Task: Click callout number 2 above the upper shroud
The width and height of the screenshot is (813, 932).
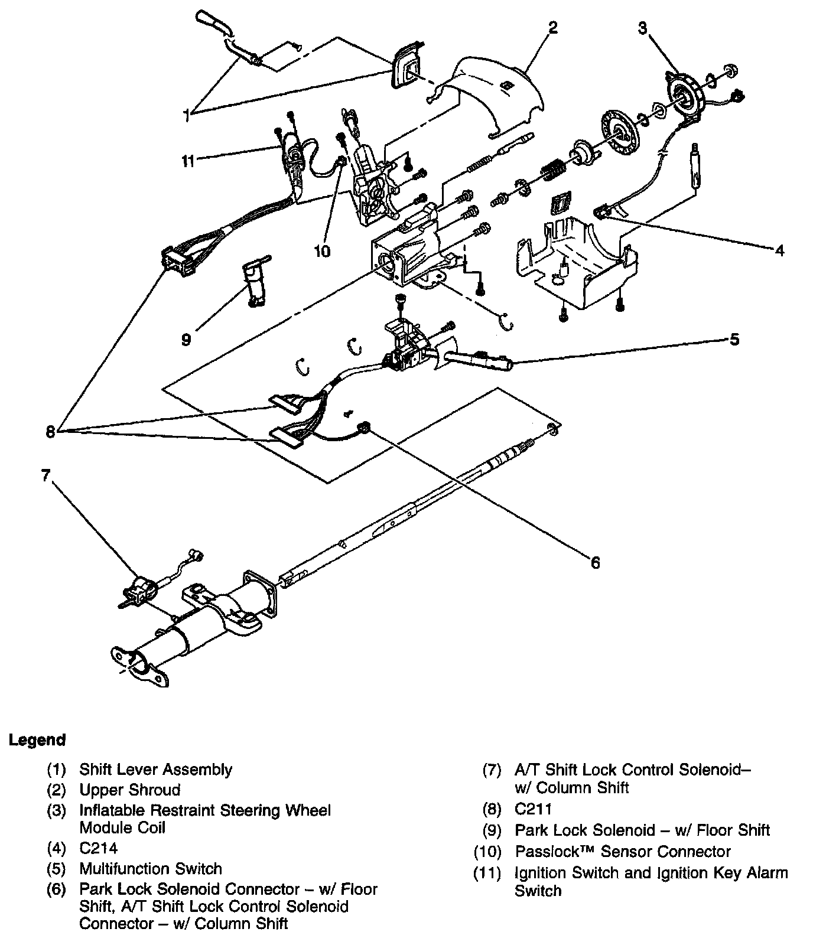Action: click(552, 28)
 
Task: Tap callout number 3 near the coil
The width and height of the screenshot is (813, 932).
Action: click(642, 28)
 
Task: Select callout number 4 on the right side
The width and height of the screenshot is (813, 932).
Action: click(779, 250)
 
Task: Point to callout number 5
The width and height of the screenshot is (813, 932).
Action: click(734, 340)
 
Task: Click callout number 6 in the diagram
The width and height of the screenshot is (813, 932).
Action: click(595, 563)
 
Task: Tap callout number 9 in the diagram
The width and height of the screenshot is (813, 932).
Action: click(186, 340)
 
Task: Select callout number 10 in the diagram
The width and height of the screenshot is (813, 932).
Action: click(322, 252)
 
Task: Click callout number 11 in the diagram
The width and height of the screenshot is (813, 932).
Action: click(188, 161)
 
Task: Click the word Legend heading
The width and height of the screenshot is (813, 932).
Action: click(37, 739)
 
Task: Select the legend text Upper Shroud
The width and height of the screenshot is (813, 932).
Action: click(129, 790)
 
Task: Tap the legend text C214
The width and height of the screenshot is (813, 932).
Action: click(98, 849)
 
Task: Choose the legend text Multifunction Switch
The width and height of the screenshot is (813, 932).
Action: click(151, 869)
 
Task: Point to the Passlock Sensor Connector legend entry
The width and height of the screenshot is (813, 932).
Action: click(623, 852)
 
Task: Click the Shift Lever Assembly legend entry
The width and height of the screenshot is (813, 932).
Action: click(155, 770)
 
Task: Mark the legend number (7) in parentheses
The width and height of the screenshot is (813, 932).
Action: click(492, 770)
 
